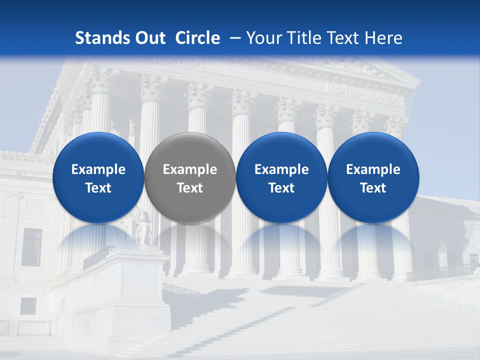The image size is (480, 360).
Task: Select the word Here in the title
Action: coord(383,38)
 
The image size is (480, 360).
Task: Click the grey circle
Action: coord(189,177)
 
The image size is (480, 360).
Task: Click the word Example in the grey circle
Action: coord(190,169)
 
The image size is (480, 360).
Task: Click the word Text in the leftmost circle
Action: coord(98,188)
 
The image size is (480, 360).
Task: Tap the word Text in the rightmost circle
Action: coord(373,188)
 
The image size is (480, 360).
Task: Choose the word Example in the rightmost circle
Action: coord(373,169)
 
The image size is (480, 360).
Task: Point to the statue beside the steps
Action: coord(141,227)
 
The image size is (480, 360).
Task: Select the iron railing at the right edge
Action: coord(440,272)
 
